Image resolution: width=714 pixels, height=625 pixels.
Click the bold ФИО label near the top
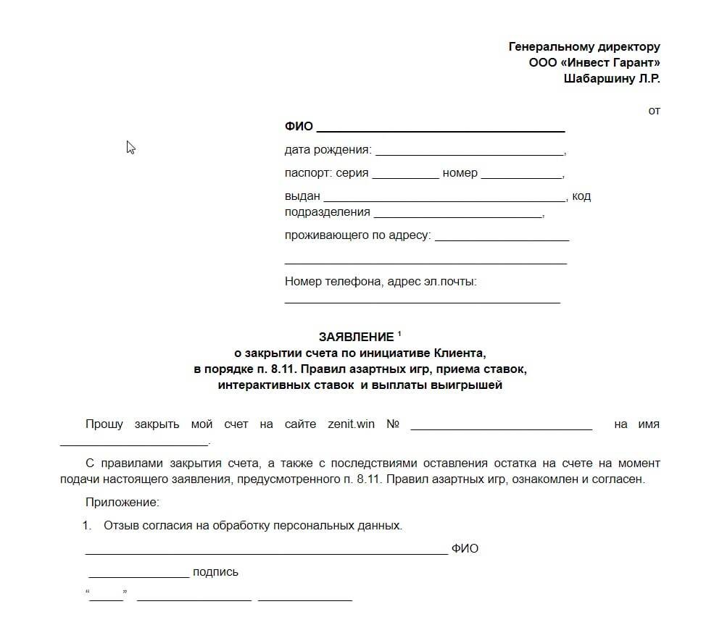(299, 126)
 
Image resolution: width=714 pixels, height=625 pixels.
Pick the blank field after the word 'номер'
(521, 175)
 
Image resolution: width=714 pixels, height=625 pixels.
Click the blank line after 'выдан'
(445, 197)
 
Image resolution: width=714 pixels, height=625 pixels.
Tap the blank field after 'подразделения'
(457, 214)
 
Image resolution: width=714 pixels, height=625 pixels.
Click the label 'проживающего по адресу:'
(357, 235)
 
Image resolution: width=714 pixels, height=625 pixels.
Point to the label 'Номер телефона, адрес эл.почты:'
(381, 282)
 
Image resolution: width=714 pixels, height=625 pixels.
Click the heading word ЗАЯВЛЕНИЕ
(356, 337)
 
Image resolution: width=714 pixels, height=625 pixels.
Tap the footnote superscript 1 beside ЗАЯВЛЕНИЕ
(399, 334)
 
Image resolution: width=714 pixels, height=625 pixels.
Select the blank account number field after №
(501, 426)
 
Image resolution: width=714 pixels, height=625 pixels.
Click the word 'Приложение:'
(122, 502)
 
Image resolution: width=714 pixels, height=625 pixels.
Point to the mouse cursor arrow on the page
(130, 147)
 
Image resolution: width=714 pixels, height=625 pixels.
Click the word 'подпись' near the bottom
(215, 572)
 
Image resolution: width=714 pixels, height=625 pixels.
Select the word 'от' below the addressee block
(654, 111)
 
